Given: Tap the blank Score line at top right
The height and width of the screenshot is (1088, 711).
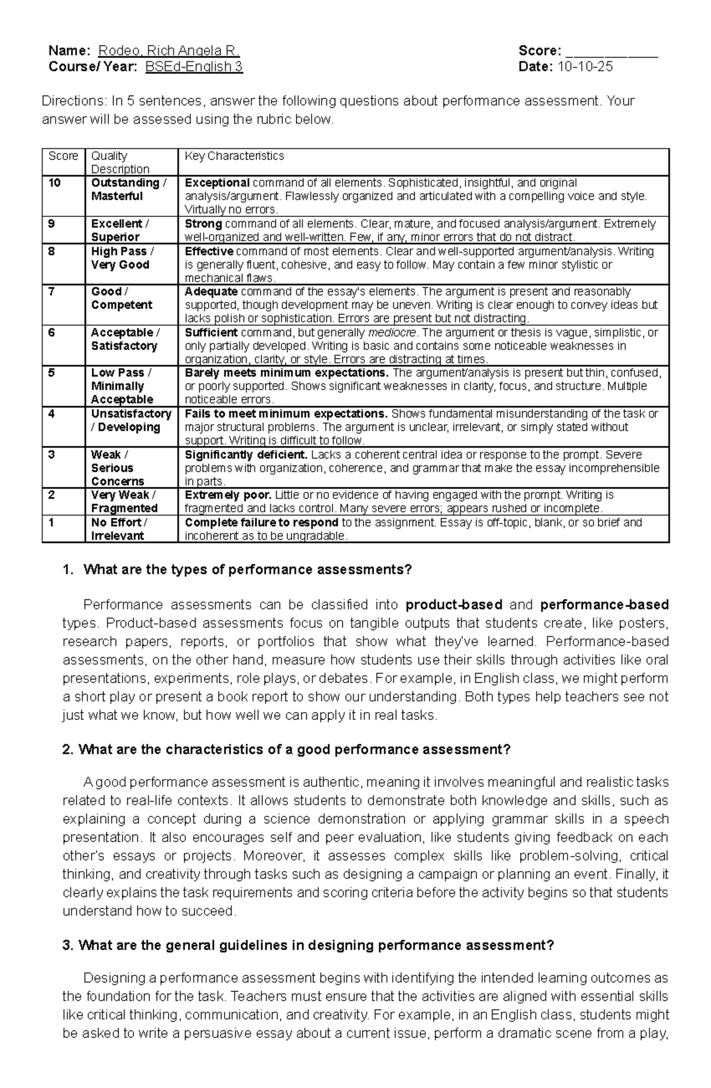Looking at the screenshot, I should [611, 52].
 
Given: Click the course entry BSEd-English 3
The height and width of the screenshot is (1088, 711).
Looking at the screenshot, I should [194, 66].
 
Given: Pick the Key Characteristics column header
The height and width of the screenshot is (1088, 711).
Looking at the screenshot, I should [234, 156].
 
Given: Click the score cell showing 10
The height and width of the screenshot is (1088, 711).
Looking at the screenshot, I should [55, 183].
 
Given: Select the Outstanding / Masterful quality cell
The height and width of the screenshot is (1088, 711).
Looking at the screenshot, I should [129, 189].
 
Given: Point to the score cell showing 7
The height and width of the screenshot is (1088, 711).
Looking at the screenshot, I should [52, 292].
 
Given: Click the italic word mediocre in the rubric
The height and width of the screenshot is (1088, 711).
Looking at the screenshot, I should [392, 333].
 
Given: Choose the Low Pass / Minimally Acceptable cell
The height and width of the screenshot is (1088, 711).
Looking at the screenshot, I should [121, 386].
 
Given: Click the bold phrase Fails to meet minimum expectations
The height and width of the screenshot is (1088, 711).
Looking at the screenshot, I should [286, 413].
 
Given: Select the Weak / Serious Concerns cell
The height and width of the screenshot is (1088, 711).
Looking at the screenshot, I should [117, 468].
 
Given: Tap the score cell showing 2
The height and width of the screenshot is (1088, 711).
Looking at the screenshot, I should [52, 494].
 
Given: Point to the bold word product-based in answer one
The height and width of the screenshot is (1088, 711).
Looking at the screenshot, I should [454, 605].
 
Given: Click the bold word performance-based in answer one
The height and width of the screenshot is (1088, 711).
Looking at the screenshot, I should [604, 605].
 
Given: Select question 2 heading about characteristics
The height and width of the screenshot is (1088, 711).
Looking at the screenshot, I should [286, 749].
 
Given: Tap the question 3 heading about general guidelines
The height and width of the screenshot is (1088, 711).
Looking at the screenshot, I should [308, 945].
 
